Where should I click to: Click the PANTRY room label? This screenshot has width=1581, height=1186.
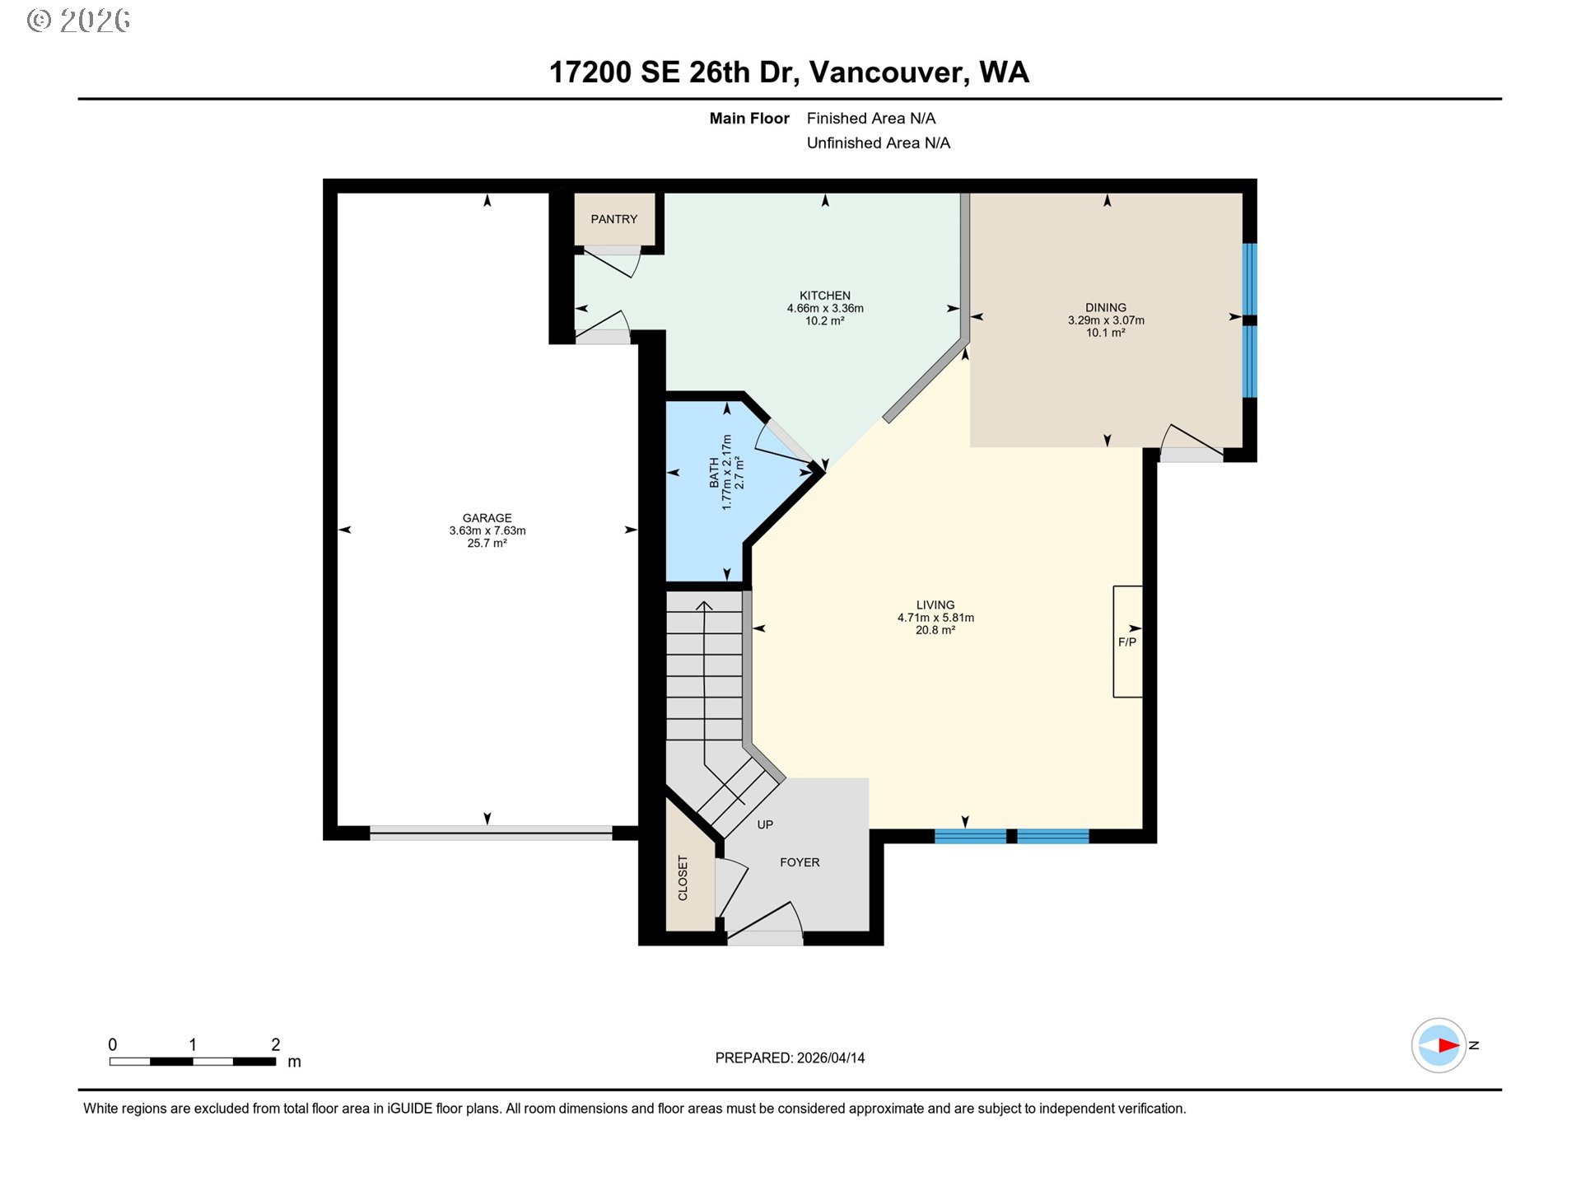[x=613, y=219]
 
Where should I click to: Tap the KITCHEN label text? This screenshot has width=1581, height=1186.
[x=824, y=296]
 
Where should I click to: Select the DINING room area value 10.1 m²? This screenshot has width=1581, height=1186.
[x=1105, y=333]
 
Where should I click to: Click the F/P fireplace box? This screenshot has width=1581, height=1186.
[x=1127, y=642]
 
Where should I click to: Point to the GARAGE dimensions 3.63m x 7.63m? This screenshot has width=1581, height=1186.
[x=487, y=530]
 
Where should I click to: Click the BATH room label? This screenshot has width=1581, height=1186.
[x=714, y=473]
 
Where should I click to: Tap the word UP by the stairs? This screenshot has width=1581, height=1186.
[x=765, y=824]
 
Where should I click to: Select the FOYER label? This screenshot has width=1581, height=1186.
[x=800, y=862]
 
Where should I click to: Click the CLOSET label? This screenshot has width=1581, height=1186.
[x=683, y=878]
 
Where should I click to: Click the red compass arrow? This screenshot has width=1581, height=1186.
[x=1448, y=1045]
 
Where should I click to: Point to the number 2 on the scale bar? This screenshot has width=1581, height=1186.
[x=276, y=1044]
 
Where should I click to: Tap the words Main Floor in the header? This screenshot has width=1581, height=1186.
[x=749, y=119]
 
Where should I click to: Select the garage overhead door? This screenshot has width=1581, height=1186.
[x=491, y=833]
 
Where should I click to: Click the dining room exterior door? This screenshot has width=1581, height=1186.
[x=1192, y=445]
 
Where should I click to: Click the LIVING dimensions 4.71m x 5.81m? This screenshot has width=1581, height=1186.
[x=935, y=618]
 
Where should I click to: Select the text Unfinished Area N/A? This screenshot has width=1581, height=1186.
[x=878, y=143]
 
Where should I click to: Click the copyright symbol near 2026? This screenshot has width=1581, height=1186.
[x=38, y=21]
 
